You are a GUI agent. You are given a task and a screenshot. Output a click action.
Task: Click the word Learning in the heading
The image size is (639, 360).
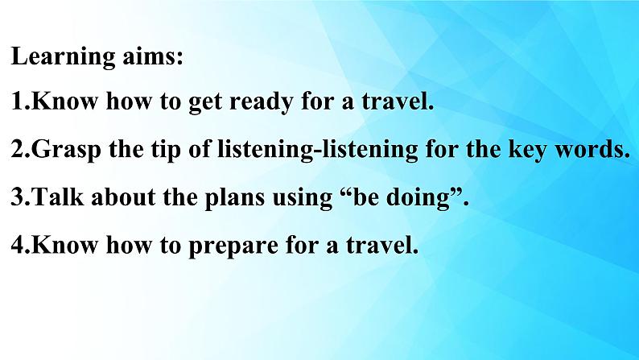point(63,57)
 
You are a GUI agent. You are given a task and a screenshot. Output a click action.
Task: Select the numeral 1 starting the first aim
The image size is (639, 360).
point(17,101)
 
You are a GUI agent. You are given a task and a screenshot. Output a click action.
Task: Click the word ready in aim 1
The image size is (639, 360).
point(261,102)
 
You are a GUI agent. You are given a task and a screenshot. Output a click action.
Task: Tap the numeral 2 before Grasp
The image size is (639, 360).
point(18,149)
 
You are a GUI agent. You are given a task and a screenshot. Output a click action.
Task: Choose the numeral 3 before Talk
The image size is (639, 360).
point(18,197)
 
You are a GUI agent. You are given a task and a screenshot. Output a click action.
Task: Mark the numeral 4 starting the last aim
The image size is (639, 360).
point(19,245)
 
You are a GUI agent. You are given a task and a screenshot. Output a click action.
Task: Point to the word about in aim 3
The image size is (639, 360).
point(123,197)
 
